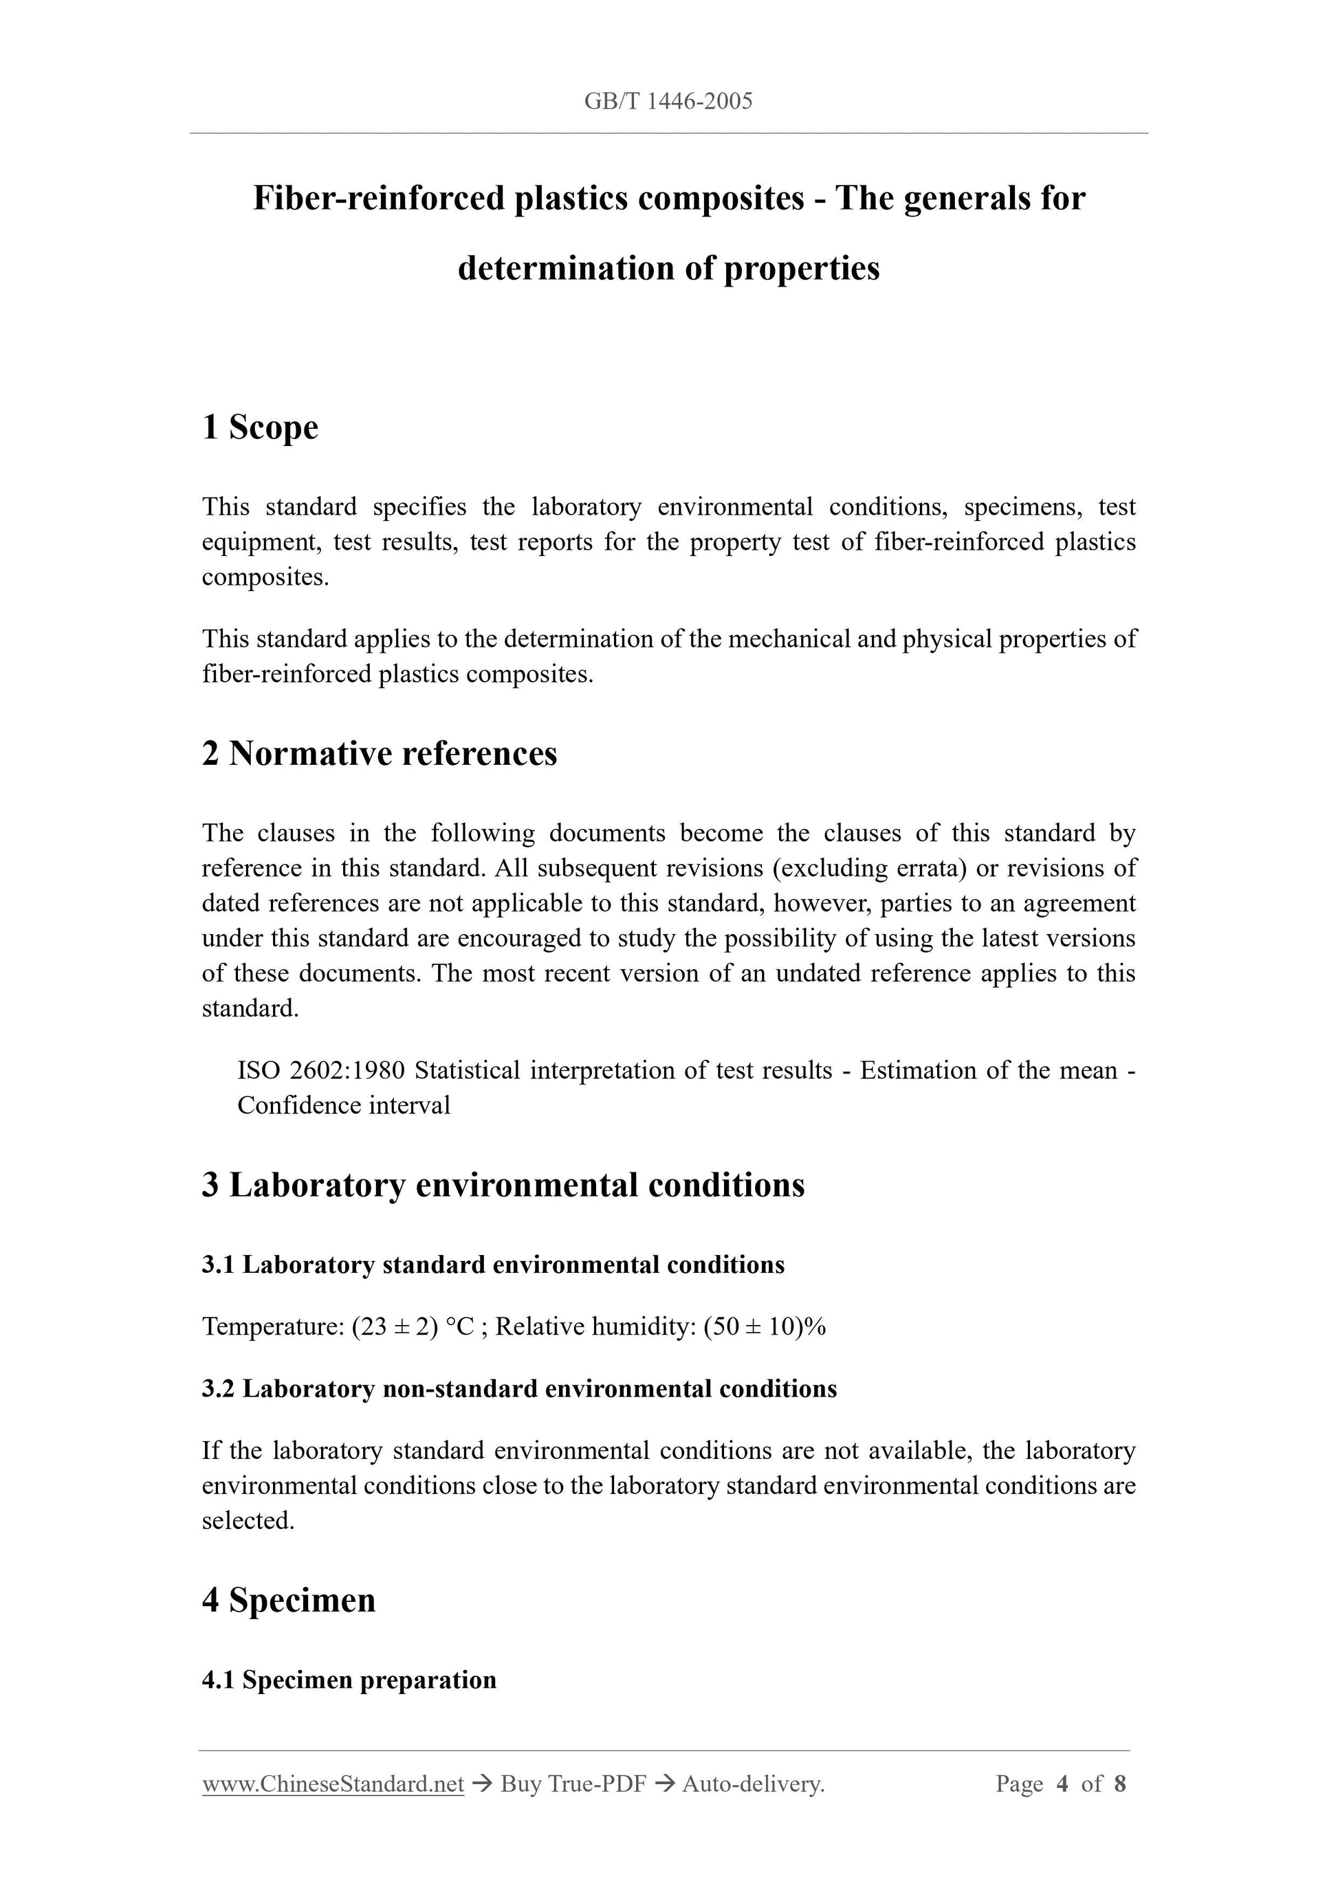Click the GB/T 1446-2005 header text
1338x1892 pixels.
click(668, 101)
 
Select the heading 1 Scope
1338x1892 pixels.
click(260, 427)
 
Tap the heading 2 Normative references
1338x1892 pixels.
click(380, 753)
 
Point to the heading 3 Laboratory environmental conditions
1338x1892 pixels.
click(503, 1185)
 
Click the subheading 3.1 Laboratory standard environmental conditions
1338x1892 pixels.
click(493, 1265)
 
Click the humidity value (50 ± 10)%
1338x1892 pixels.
click(764, 1326)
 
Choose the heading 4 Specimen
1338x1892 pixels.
click(289, 1601)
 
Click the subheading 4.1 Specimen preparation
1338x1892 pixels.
click(349, 1680)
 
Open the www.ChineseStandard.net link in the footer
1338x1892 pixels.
click(333, 1784)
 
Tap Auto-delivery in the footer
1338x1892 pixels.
click(753, 1784)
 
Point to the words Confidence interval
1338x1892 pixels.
click(344, 1105)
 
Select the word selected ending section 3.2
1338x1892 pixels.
click(248, 1520)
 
